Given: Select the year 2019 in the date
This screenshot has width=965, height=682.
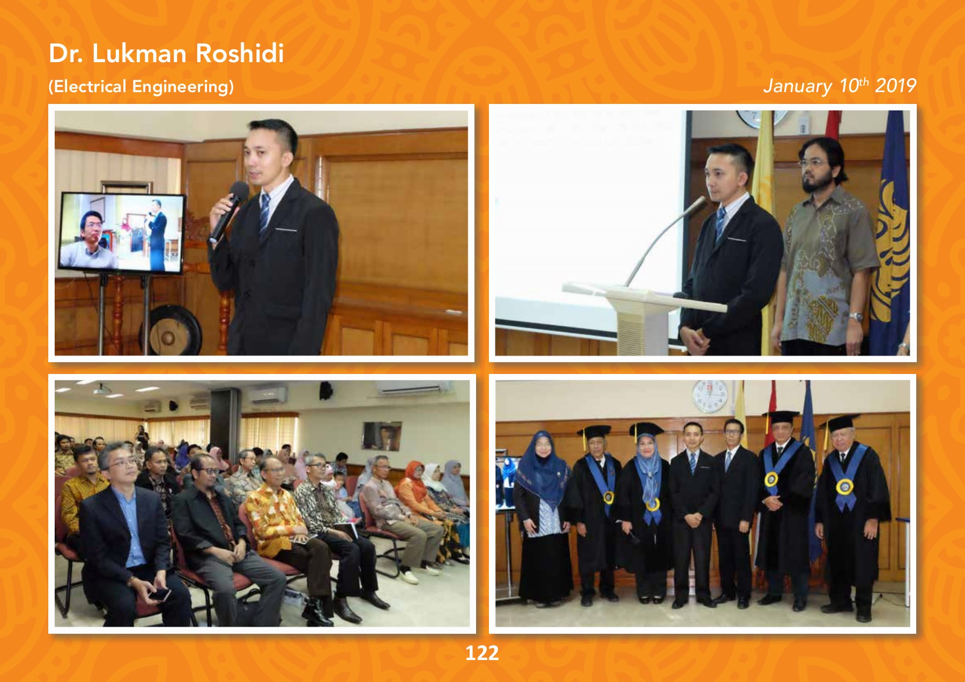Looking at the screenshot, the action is coord(895,86).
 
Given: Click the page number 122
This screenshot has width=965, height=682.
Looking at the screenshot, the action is coord(482,653).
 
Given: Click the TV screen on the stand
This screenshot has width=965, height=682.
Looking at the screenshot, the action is coord(121,233).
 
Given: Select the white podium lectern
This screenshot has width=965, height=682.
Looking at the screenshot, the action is coord(643,316).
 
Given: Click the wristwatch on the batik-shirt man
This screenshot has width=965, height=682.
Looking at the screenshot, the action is coord(856,317).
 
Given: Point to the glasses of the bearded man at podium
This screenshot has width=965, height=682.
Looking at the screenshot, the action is coord(813,162).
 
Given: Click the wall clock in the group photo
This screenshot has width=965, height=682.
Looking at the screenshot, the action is coord(710,396).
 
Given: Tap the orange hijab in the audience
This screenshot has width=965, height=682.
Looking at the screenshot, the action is coord(414,477).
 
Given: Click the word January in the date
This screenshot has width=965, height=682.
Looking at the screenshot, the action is coord(798,86).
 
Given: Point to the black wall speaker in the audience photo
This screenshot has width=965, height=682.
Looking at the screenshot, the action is coord(325,391).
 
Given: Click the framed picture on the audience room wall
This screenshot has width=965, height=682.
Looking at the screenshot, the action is coord(382,436).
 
